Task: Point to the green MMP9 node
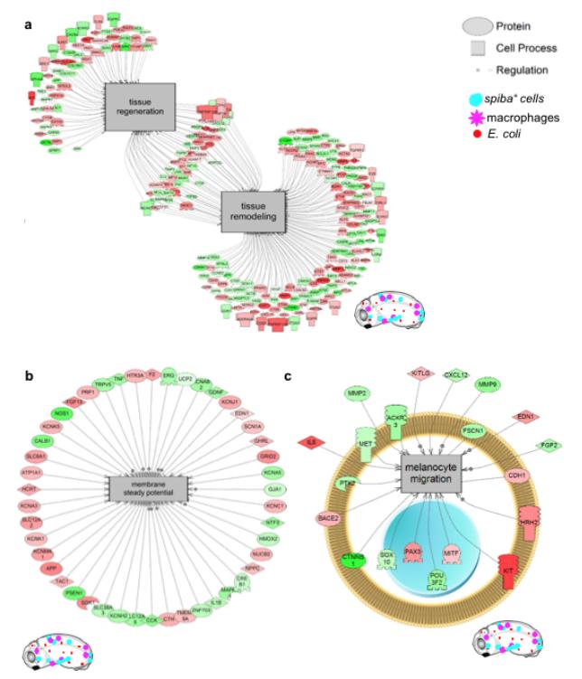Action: [x=488, y=388]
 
